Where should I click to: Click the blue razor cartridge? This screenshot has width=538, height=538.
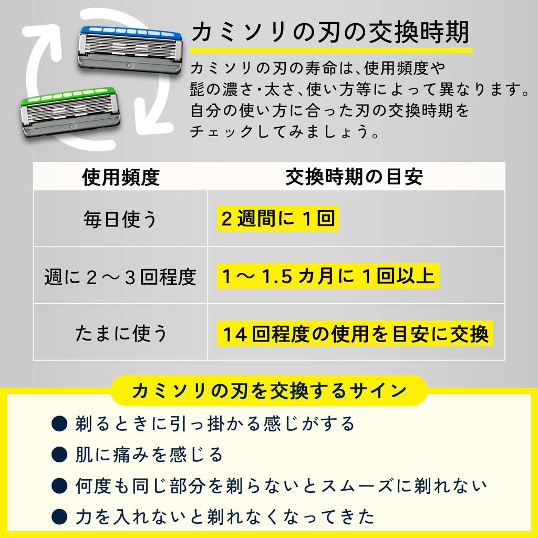130,49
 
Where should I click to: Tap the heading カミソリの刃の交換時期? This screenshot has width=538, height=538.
330,32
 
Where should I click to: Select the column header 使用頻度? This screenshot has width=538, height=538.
121,177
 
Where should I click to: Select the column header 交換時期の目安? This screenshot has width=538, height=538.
354,177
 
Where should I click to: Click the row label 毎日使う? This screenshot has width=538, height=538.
120,219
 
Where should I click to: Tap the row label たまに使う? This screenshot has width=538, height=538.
121,334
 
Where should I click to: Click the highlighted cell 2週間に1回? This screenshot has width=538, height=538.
277,218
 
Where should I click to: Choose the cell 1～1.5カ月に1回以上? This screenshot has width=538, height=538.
328,276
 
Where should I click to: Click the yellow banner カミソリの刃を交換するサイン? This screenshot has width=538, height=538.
269,390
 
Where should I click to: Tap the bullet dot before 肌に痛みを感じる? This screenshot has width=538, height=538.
59,454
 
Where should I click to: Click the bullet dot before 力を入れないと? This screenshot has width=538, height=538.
59,517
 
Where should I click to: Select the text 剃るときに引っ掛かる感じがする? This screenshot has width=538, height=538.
215,423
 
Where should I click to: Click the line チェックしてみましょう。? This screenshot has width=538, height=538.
285,131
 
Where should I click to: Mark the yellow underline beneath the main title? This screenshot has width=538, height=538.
332,50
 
